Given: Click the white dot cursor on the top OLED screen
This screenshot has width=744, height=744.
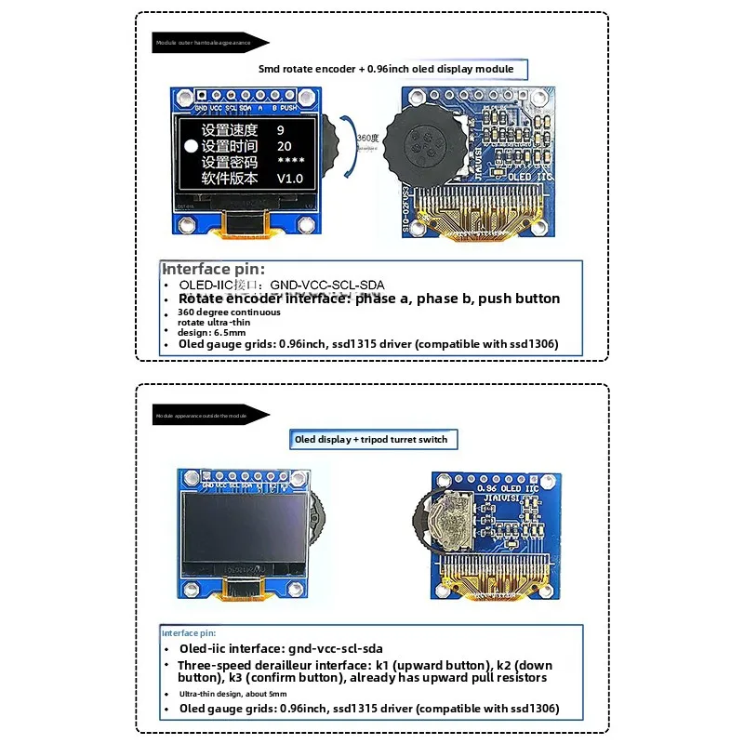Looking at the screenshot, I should pyautogui.click(x=192, y=146).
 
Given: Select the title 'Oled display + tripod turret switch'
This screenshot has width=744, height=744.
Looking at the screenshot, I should pyautogui.click(x=371, y=439).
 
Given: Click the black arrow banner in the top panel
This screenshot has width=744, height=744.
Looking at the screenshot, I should pyautogui.click(x=211, y=42).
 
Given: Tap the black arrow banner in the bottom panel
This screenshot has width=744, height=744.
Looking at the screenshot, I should pyautogui.click(x=211, y=417).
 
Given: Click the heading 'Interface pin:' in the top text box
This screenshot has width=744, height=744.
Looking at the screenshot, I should pyautogui.click(x=219, y=269).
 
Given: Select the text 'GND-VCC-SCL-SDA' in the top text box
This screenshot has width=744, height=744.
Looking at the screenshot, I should pyautogui.click(x=325, y=285).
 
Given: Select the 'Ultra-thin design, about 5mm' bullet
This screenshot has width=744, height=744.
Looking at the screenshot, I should pyautogui.click(x=232, y=694).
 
